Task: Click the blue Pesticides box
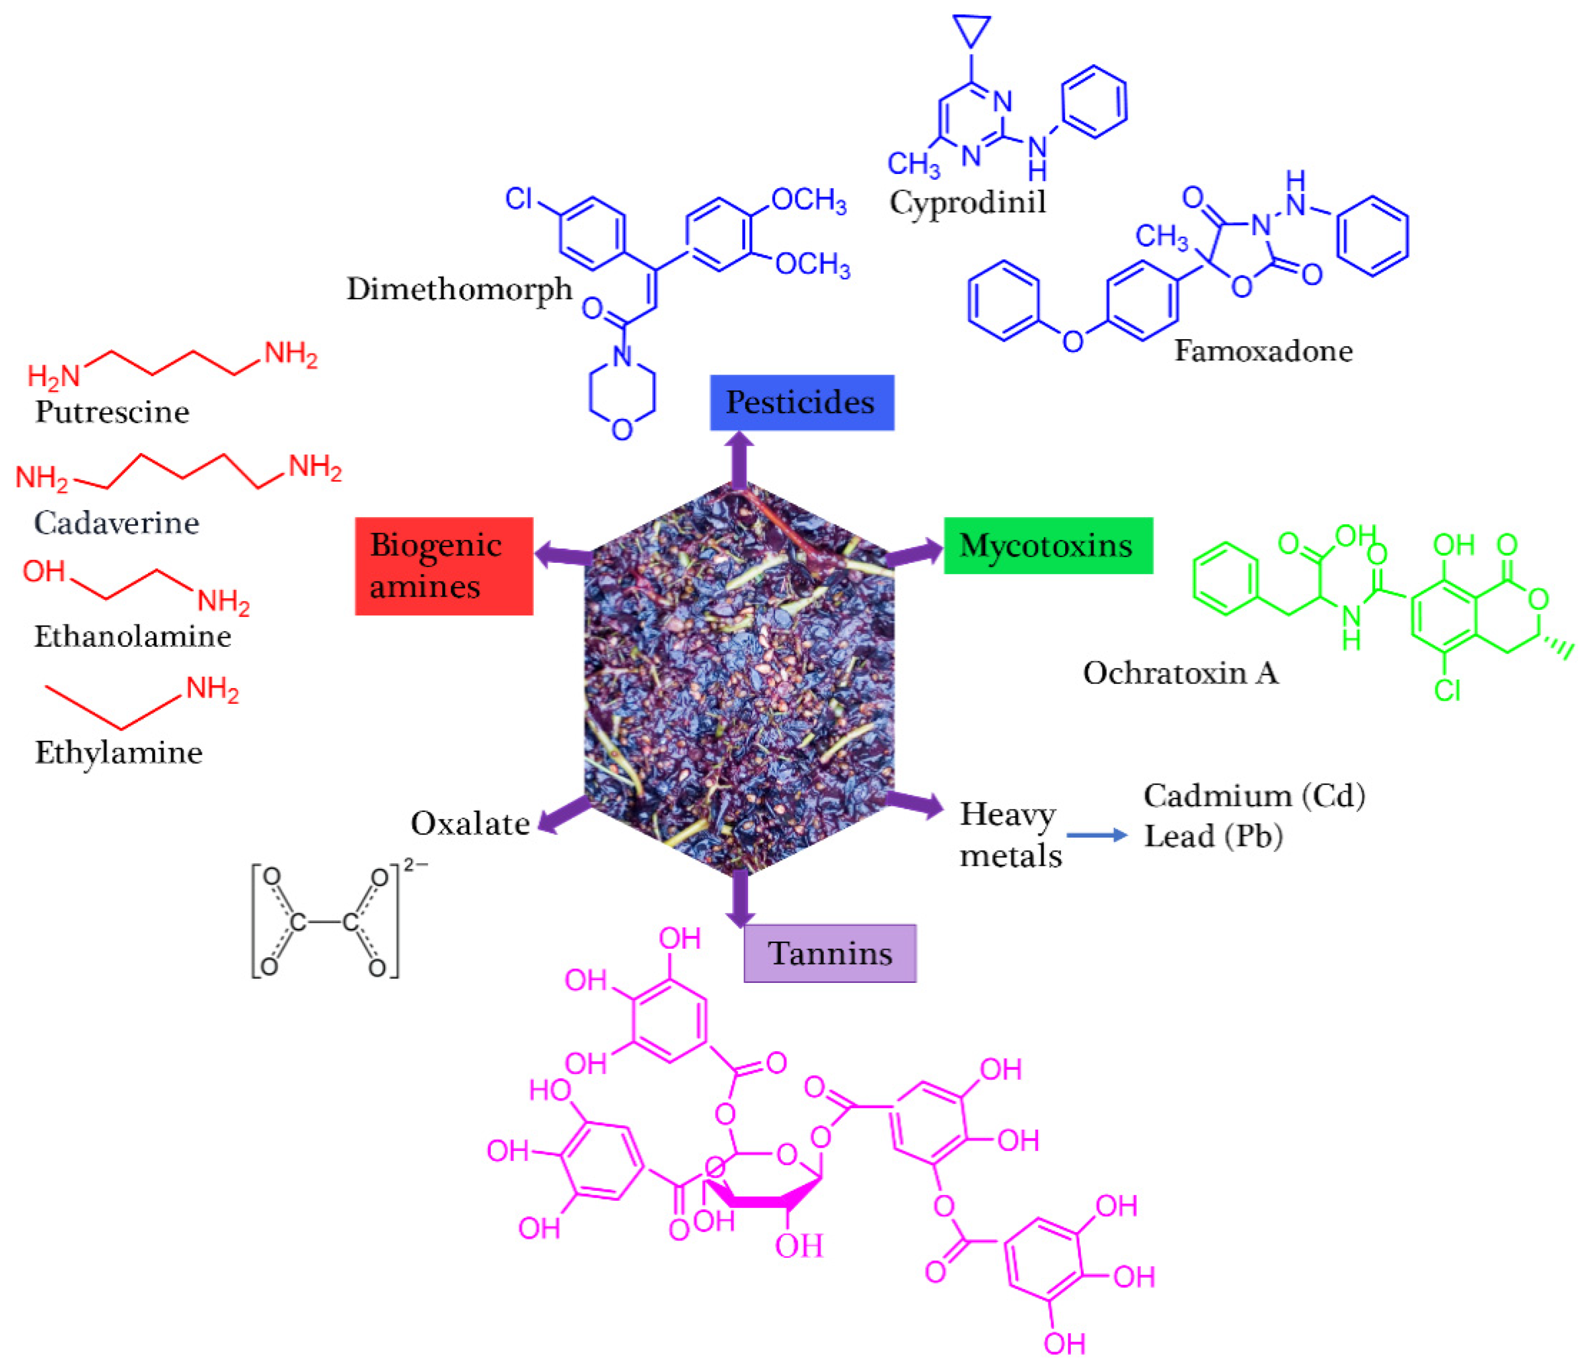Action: point(801,402)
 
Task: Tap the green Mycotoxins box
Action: point(1048,546)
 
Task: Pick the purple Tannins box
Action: point(830,954)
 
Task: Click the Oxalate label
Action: point(470,823)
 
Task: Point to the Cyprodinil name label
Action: point(967,202)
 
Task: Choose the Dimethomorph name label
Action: point(459,289)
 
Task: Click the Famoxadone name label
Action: point(1263,351)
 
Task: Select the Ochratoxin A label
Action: point(1180,673)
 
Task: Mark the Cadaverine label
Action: point(117,523)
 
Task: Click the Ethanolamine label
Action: point(132,636)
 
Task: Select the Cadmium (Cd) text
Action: point(1254,796)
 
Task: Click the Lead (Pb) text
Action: point(1213,836)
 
